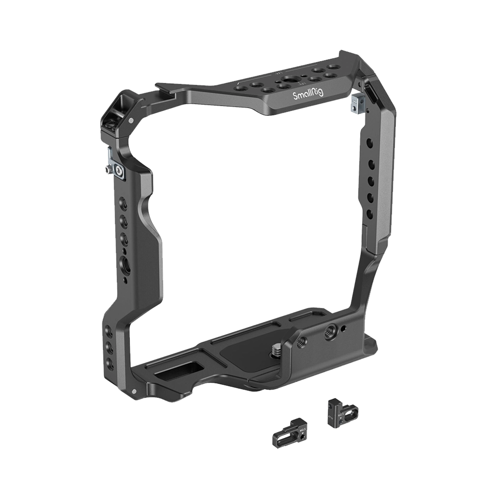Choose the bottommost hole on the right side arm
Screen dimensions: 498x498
pos(370,213)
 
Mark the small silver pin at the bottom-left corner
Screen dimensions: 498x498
pos(133,392)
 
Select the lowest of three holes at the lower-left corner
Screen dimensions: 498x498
pos(110,362)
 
